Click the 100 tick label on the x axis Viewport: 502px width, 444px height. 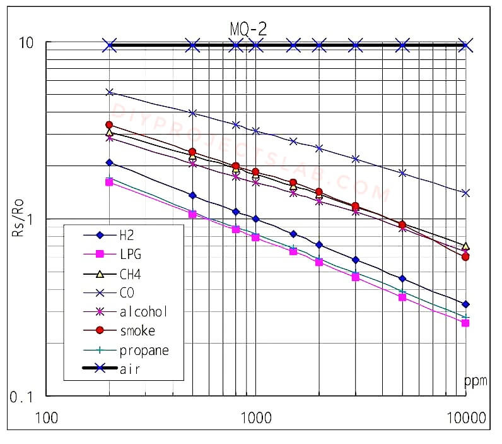47,417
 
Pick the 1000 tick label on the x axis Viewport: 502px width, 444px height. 256,417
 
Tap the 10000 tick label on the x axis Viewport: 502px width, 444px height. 465,417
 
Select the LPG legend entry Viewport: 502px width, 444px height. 130,255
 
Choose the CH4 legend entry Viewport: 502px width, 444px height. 130,273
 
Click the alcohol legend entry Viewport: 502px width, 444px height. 143,311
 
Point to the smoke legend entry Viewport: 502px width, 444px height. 137,330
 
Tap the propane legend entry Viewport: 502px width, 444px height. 144,350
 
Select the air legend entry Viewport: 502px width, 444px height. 130,369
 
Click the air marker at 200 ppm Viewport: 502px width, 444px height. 110,45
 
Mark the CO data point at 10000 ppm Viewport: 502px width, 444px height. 465,193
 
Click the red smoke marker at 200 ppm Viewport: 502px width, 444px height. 109,125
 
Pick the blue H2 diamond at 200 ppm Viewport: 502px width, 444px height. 109,162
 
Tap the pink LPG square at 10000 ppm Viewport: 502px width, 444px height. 465,323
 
